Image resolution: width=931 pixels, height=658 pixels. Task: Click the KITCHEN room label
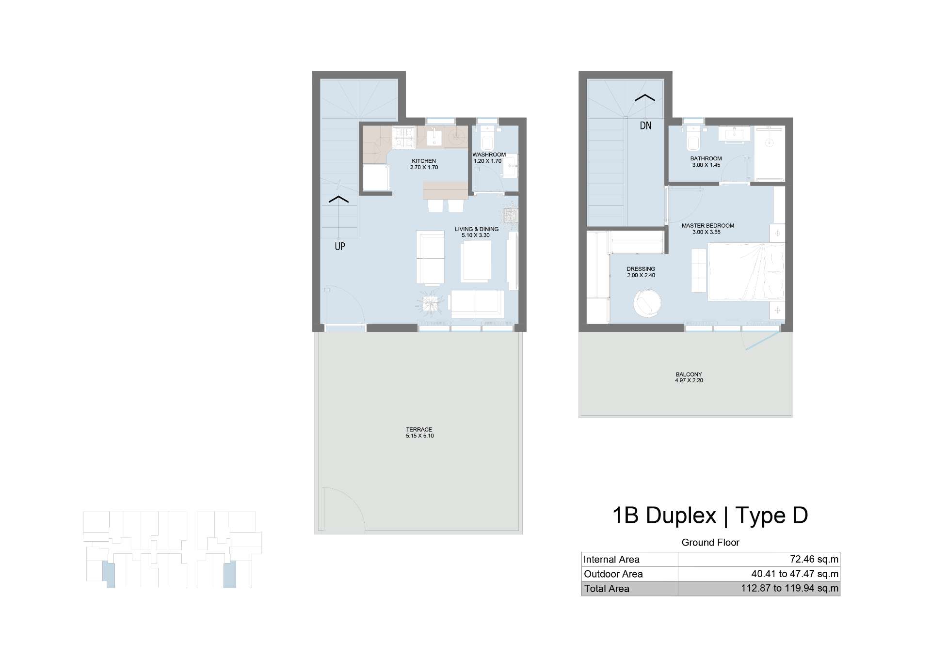click(424, 161)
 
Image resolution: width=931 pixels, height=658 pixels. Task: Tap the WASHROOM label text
click(489, 155)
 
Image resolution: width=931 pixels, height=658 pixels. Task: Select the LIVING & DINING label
click(477, 229)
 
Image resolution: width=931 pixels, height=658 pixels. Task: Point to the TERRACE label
click(419, 429)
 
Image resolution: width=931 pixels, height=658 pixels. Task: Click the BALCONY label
click(689, 374)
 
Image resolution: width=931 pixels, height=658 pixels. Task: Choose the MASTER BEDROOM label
click(708, 225)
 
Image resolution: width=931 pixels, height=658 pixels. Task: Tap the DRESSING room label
click(641, 269)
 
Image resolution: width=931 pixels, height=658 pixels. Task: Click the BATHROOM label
click(706, 158)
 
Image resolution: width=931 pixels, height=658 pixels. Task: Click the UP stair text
click(340, 246)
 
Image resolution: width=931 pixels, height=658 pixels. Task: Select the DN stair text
click(645, 125)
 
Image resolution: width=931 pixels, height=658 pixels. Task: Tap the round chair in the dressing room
click(647, 303)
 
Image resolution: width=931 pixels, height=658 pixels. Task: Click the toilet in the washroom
click(486, 138)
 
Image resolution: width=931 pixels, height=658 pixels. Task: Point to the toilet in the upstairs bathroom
click(693, 138)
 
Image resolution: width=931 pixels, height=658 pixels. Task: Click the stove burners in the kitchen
click(403, 137)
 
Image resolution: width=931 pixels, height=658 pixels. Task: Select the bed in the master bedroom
click(746, 272)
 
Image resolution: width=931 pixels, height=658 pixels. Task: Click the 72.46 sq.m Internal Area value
click(814, 559)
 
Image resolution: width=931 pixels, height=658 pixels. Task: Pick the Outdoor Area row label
click(613, 574)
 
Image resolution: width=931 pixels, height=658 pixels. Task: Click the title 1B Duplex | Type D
click(710, 515)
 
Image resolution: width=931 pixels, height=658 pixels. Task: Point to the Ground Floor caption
click(710, 543)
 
